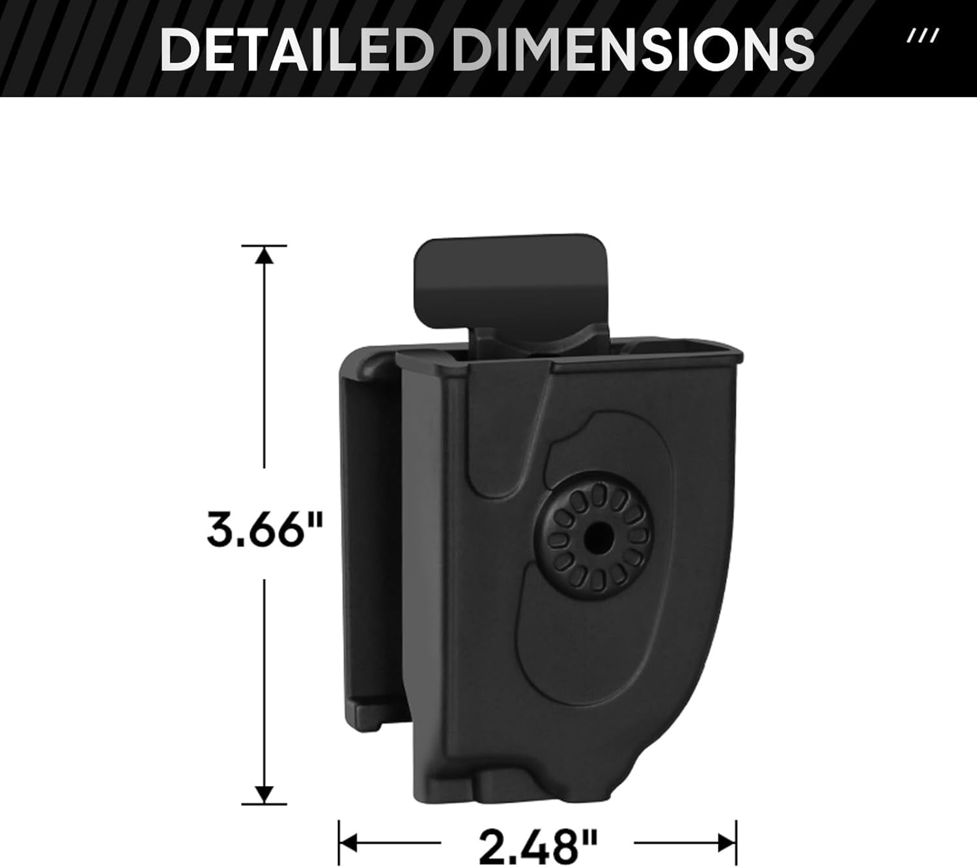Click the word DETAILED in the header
(x=295, y=49)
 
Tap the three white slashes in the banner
(x=923, y=36)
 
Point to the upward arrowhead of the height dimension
(x=264, y=255)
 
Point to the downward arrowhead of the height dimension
(x=264, y=794)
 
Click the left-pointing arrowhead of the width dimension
(x=348, y=843)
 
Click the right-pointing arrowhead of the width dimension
(x=727, y=843)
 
